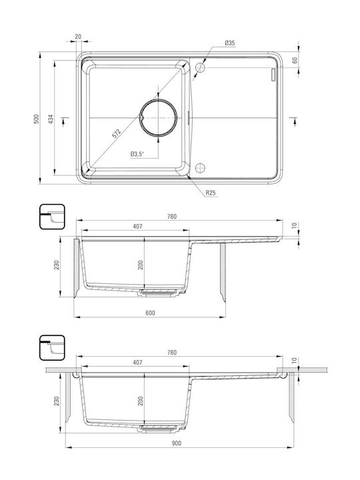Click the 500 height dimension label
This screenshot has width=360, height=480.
(x=37, y=119)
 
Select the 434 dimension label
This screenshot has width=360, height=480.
(x=51, y=119)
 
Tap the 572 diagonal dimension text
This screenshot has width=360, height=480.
(x=116, y=133)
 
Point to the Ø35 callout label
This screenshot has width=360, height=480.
(x=229, y=43)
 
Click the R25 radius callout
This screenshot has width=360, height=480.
(x=210, y=193)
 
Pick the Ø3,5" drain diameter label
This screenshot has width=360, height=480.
(x=137, y=154)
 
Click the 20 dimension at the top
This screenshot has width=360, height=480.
(x=78, y=37)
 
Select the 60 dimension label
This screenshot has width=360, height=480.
(x=295, y=60)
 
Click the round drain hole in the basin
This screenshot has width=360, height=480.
(x=159, y=118)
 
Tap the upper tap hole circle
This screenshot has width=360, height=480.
(x=199, y=67)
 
